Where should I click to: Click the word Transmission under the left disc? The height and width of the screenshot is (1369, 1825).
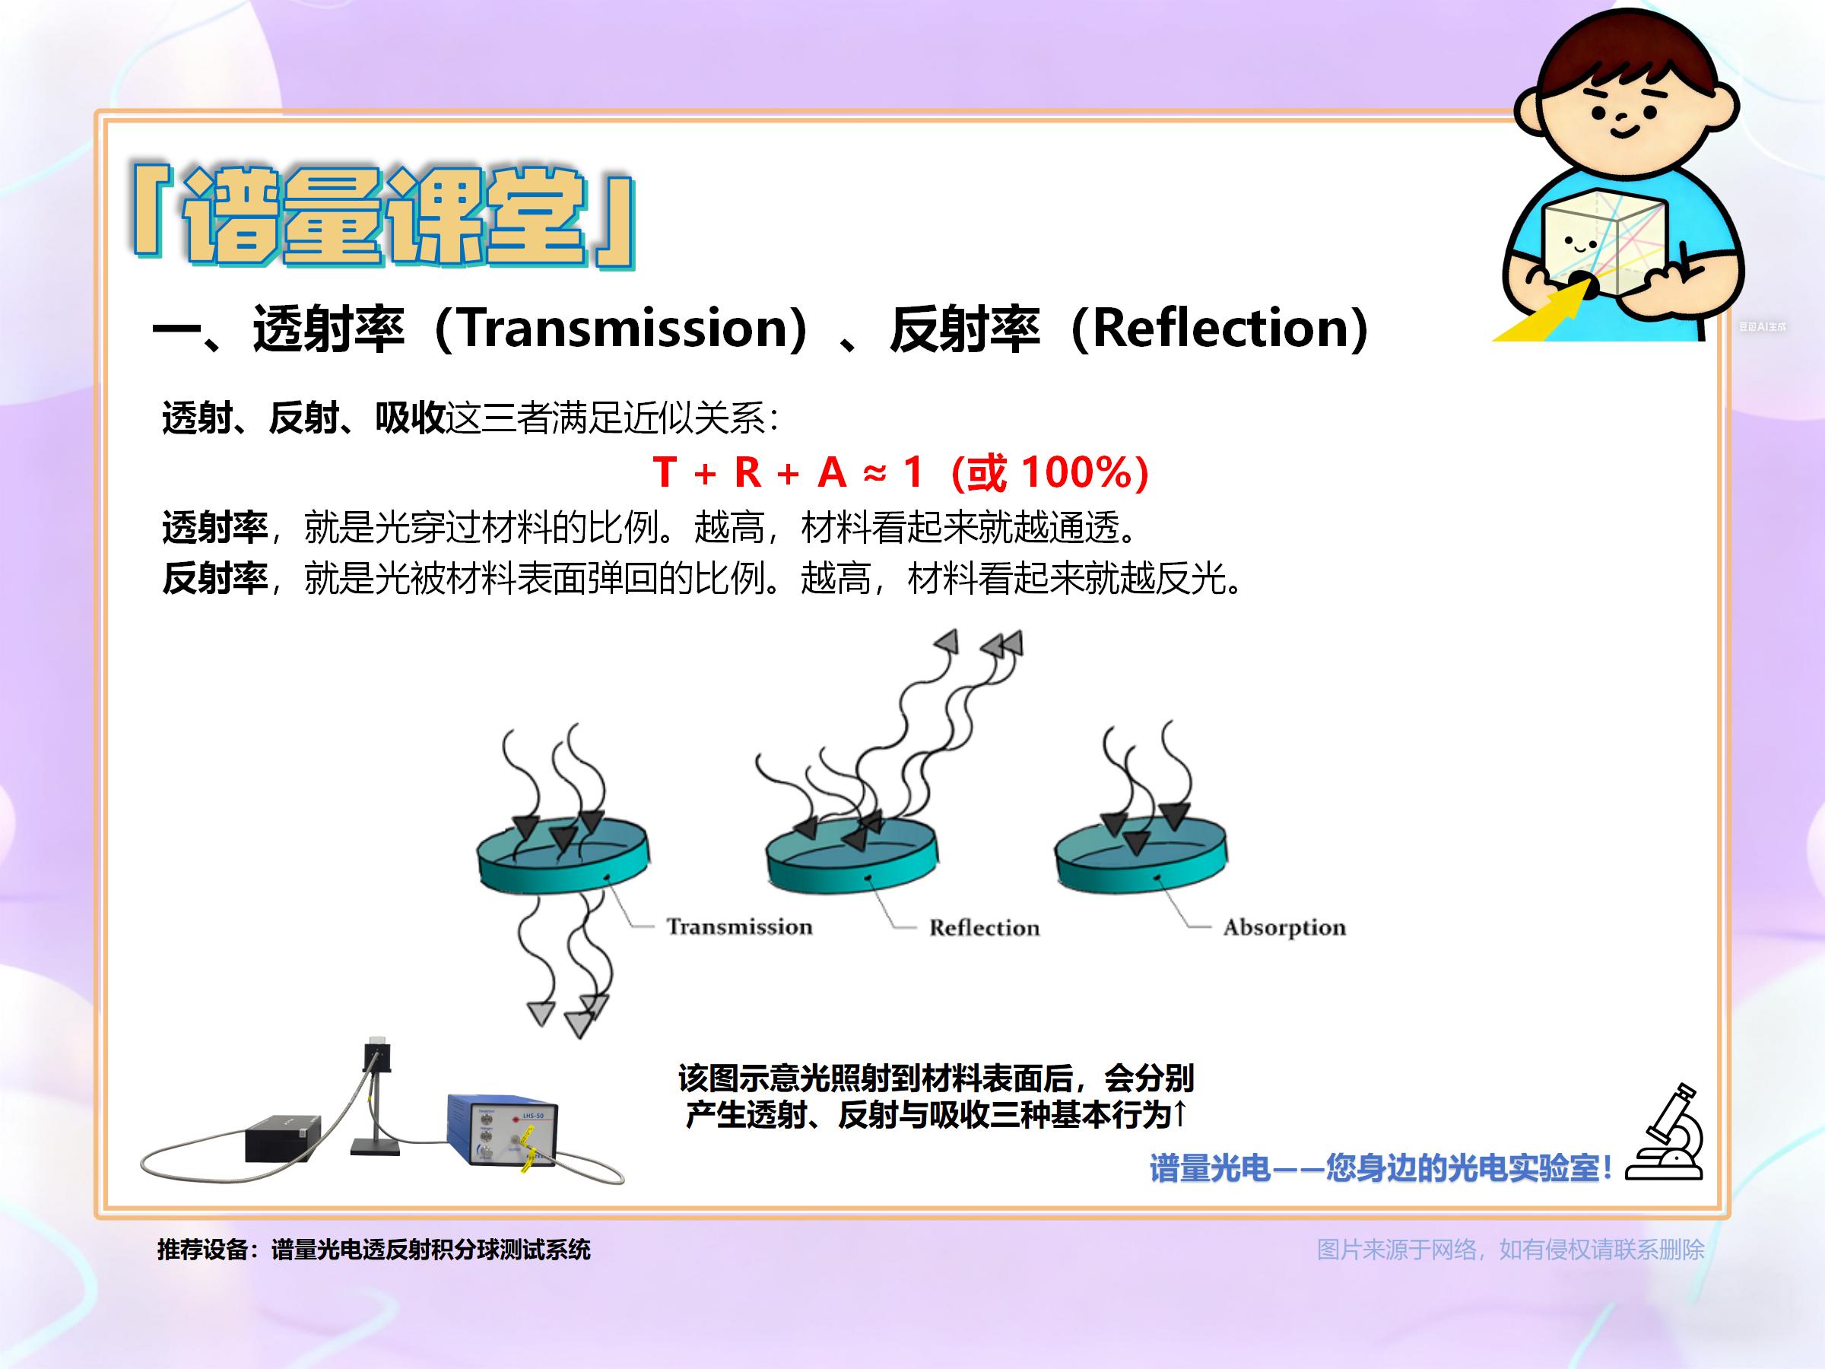point(739,926)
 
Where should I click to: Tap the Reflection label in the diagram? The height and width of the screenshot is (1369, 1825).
point(984,928)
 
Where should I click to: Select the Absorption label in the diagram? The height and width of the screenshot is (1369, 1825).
point(1284,929)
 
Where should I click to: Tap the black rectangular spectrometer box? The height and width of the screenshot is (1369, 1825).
point(283,1139)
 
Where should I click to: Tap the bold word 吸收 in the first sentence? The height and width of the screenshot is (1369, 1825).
point(410,418)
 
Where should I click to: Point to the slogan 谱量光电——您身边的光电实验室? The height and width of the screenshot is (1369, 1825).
point(1380,1167)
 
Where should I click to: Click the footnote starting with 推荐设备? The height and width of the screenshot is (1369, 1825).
point(374,1250)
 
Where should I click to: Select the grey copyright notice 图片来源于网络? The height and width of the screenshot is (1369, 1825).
point(1511,1250)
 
